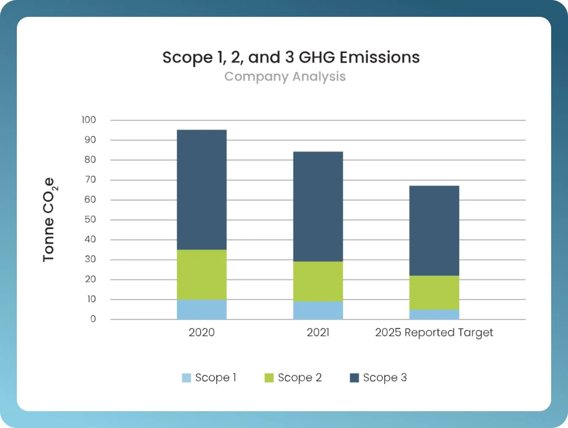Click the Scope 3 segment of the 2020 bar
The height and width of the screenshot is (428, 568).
coord(202,190)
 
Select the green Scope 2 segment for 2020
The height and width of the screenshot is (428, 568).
coord(202,275)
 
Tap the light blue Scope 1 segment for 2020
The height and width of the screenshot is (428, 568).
coord(202,310)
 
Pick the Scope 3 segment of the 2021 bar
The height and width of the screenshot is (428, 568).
coord(318,206)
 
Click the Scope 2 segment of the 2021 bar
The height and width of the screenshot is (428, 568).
coord(318,281)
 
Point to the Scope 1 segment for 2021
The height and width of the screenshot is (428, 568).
coord(318,310)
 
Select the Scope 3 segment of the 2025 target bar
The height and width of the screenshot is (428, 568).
coord(434,230)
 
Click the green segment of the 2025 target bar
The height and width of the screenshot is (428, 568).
coord(434,293)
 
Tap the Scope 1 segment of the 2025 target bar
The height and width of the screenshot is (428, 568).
coord(434,315)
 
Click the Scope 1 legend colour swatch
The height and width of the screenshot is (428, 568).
coord(186,378)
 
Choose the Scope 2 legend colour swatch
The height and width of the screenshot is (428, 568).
coord(269,378)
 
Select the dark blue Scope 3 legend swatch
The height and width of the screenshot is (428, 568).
coord(354,378)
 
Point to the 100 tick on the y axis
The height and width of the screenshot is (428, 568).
coord(89,120)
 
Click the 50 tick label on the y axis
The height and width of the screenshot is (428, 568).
coord(90,219)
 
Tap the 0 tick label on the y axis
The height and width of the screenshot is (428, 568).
coord(93,319)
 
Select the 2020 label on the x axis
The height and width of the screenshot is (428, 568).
coord(202,332)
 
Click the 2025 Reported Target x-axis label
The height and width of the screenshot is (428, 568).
coord(434,333)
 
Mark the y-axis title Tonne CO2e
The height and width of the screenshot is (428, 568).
coord(49,219)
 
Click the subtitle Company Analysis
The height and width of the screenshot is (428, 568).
coord(285,77)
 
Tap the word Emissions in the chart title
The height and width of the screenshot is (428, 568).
coord(379,57)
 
